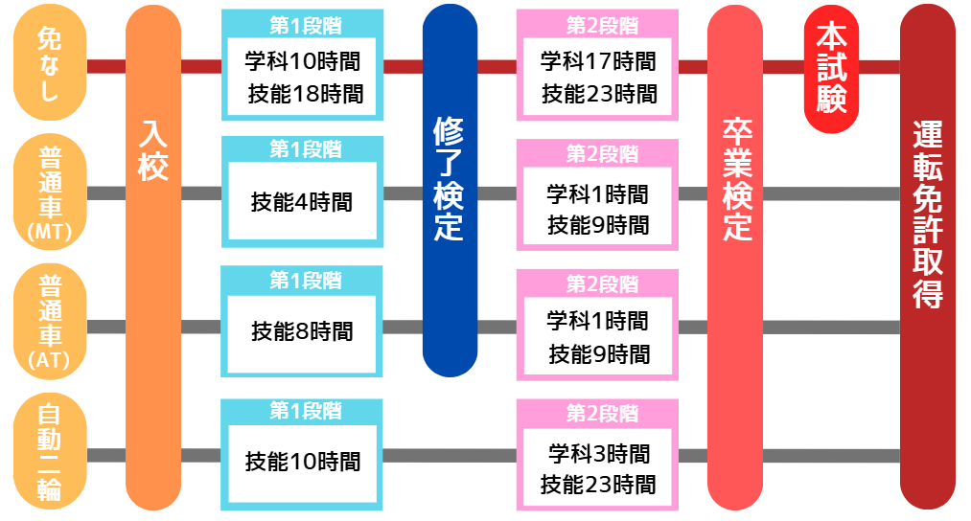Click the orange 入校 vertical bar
pos(153,259)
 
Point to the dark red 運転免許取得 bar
pos(927,259)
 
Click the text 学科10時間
pos(303,63)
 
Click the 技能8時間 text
pos(302,332)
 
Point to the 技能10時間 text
pos(303,462)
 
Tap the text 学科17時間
pos(598,63)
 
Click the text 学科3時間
pos(599,453)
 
